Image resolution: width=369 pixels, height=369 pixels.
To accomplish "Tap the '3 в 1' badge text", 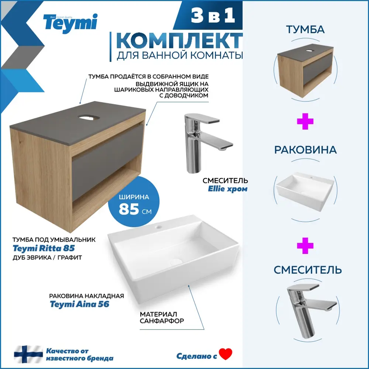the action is point(213,15).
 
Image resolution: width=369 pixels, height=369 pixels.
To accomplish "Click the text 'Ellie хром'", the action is point(228,189).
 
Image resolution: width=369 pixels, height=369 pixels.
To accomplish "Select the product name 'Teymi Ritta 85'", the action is point(44,248).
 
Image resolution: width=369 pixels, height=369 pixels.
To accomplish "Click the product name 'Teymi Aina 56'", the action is point(80,304).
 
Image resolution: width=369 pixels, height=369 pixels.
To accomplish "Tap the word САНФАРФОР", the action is point(162,321).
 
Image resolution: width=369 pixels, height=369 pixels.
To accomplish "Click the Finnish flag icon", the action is point(28,354).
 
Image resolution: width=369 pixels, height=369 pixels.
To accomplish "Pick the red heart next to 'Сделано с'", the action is point(225,354).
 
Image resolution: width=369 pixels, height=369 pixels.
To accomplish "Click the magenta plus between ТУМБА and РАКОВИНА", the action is point(305,121).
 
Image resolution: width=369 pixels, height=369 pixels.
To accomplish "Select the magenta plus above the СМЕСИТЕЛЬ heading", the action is point(305,246).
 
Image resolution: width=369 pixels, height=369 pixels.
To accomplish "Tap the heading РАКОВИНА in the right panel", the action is point(306,150).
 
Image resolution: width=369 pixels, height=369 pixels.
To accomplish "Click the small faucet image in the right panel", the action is point(311,310).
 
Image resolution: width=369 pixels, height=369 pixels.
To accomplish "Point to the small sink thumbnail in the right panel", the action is point(305,191).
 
